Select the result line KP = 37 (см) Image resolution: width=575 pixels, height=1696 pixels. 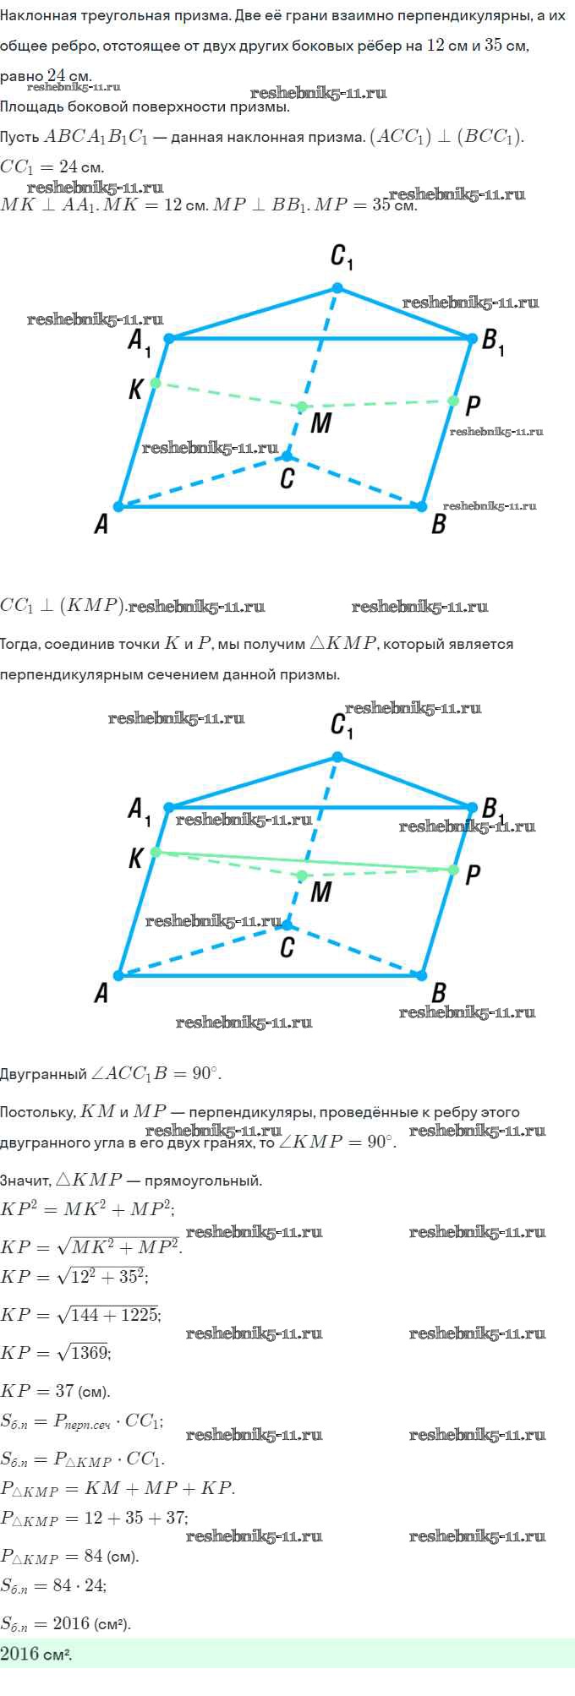(55, 1391)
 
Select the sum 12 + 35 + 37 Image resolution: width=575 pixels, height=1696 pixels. (136, 1518)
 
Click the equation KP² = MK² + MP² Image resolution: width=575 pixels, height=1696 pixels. (87, 1209)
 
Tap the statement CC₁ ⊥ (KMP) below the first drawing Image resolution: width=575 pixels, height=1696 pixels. (63, 606)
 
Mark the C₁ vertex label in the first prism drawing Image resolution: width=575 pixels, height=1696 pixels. (342, 257)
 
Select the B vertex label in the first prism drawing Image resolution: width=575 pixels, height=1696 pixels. (438, 525)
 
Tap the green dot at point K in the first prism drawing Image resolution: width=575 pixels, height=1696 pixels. (155, 383)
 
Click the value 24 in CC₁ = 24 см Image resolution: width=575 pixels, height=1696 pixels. (68, 166)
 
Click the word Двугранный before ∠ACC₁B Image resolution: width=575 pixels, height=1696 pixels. (43, 1074)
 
